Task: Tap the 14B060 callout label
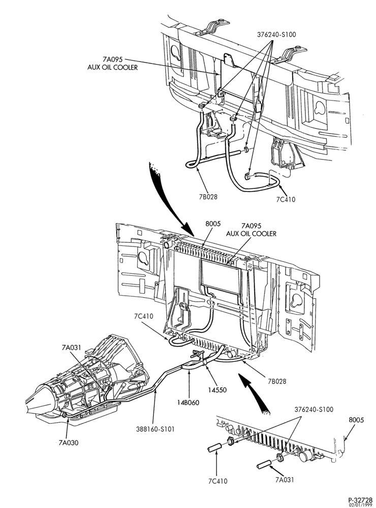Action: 189,402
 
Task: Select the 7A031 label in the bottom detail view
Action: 285,480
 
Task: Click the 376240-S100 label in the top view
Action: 276,35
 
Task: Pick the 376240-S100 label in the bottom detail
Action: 314,409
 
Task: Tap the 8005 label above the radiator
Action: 213,224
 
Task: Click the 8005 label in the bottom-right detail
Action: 356,420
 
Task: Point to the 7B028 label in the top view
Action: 208,196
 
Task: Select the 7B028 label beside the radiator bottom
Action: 277,382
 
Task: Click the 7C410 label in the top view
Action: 286,200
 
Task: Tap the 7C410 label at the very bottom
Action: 218,481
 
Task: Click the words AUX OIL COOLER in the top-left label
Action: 112,68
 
